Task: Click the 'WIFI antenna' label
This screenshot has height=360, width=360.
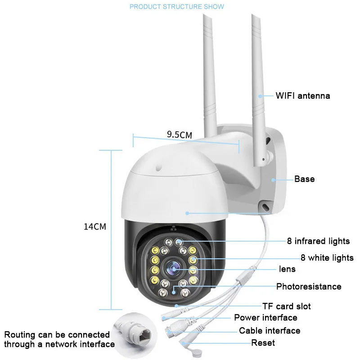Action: pos(302,96)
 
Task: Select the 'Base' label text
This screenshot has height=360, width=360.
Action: pos(305,179)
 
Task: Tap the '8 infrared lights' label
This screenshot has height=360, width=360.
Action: pos(318,241)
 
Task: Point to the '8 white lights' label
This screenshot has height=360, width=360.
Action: pos(327,258)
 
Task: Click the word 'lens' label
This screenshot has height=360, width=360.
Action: pos(287,269)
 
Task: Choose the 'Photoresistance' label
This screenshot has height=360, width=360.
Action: pos(309,287)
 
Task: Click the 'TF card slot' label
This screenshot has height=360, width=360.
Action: pos(287,306)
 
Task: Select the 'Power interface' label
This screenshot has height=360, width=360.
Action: pos(265,318)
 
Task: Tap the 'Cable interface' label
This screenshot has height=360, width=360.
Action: pos(270,331)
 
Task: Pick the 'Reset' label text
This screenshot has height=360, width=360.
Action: pos(263,343)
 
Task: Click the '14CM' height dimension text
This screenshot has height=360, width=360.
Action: pos(95,227)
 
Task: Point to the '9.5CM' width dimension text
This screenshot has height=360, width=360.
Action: pos(180,135)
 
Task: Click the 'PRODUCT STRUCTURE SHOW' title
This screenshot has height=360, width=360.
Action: pos(177,6)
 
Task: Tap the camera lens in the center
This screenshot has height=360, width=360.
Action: pos(173,269)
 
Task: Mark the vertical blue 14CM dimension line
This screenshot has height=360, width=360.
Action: pos(111,230)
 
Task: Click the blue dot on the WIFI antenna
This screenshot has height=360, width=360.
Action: pos(260,96)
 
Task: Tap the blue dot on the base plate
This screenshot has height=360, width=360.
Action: pos(273,180)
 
